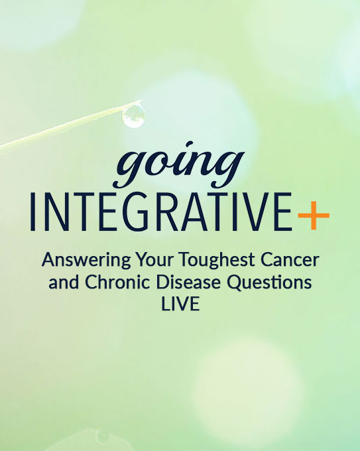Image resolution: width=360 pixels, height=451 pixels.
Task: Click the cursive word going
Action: [x=179, y=164]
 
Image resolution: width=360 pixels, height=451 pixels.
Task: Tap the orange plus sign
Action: [x=314, y=216]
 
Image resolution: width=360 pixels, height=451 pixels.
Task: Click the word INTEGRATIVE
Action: [x=161, y=212]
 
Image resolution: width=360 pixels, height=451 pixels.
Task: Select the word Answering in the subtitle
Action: [x=86, y=260]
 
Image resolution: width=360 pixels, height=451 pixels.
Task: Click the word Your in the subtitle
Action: [x=154, y=259]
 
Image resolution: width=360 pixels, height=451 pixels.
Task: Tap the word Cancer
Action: [x=290, y=259]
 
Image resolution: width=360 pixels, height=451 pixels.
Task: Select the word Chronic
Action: [x=117, y=282]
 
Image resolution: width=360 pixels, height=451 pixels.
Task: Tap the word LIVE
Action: [x=180, y=304]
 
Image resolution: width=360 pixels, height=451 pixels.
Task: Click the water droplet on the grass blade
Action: [x=133, y=115]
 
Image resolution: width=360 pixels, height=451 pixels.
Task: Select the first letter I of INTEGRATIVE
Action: [x=32, y=213]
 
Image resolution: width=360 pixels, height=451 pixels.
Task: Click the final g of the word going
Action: [x=227, y=170]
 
